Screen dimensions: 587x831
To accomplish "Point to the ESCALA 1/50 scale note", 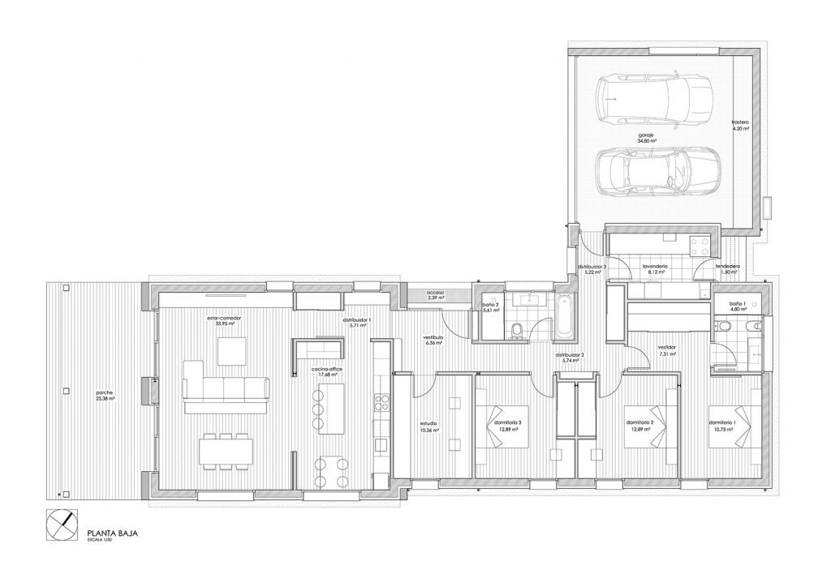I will (x=99, y=541).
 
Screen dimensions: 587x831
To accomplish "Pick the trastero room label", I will (x=739, y=124).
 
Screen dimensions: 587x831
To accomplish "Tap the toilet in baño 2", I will (x=516, y=329).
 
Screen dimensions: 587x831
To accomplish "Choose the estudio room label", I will (x=428, y=426).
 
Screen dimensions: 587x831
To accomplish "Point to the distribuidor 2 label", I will (x=570, y=358).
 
